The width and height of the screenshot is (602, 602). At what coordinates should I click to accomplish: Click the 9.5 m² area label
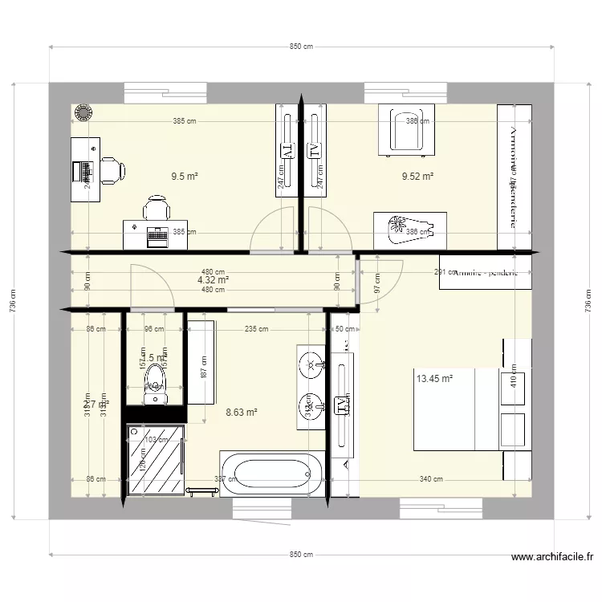tap(185, 176)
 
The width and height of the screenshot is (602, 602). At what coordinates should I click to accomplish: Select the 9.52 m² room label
tap(417, 176)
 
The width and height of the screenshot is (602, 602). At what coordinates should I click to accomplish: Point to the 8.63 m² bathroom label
tap(241, 413)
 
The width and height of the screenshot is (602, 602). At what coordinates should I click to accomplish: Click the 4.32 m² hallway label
tap(213, 281)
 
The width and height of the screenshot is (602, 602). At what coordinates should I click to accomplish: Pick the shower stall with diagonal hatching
tap(154, 458)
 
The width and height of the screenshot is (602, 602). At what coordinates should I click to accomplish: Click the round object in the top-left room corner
tap(82, 114)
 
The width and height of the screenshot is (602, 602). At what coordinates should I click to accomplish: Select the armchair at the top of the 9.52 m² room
tap(407, 128)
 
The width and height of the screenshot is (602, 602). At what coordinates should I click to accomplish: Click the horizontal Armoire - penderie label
tap(485, 273)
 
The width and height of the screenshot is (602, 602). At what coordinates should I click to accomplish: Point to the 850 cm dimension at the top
tap(301, 47)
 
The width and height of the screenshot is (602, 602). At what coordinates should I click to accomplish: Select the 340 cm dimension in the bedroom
tap(431, 479)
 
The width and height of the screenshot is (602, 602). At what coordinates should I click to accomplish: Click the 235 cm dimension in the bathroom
tap(256, 327)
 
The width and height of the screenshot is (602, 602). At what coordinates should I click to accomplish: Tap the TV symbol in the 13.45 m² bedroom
tap(342, 406)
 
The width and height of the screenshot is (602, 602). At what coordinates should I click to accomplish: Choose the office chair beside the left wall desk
tap(112, 169)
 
